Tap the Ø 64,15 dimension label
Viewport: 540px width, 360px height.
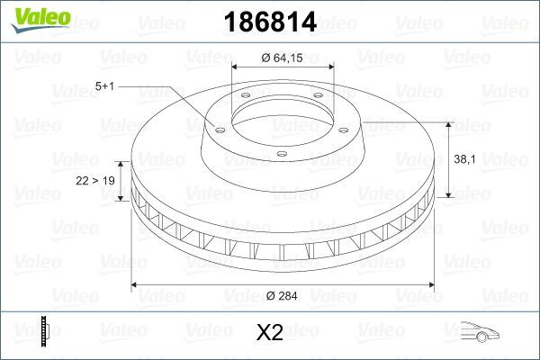283,58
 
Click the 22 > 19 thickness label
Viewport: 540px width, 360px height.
94,181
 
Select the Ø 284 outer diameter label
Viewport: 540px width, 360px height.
283,293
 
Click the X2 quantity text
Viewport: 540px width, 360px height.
270,334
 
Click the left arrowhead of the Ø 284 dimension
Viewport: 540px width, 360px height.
136,284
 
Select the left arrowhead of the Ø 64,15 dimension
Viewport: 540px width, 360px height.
236,68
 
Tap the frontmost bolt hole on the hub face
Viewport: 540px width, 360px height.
281,154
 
